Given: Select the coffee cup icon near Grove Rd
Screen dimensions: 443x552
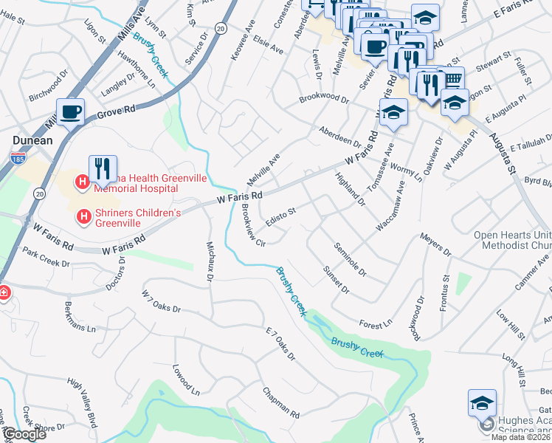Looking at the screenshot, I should pos(71,113).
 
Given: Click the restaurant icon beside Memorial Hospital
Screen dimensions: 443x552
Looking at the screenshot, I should pos(102,168).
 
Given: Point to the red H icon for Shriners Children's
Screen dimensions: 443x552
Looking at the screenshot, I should pos(84,217).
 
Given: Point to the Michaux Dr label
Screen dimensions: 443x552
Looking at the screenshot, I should pos(210,261).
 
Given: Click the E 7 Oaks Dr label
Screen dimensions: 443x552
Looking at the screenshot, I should pos(280,344).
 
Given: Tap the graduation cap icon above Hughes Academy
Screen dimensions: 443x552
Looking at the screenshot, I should pos(481,403).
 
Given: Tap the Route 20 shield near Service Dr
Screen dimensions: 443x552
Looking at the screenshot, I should pos(220,27).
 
